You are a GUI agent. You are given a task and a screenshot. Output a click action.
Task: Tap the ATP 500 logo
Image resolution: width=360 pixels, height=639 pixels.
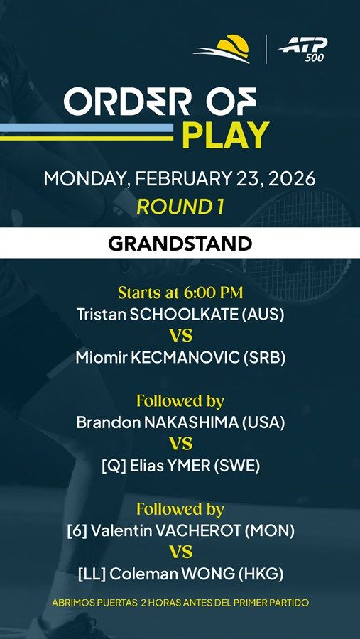302,49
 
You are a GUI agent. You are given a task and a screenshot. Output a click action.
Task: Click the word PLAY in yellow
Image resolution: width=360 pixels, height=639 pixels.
226,135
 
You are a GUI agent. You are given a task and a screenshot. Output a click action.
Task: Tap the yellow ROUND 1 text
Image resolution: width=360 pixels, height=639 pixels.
180,207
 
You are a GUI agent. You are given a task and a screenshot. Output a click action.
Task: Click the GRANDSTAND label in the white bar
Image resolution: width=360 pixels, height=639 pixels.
180,244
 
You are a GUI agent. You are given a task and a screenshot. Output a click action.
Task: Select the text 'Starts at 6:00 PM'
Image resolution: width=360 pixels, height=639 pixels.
180,293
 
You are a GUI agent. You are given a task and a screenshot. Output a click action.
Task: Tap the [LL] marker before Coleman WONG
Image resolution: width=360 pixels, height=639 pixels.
92,574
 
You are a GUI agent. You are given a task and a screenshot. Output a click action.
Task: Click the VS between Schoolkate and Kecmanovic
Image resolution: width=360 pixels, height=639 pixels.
181,337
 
